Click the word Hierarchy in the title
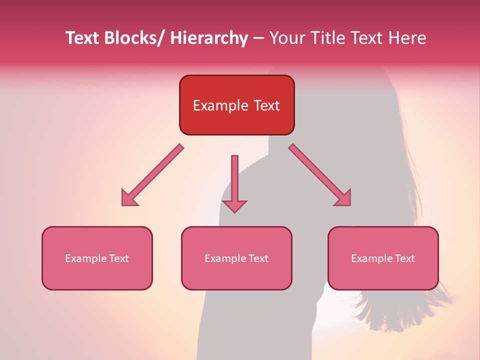tap(209, 38)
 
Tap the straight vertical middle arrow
tap(234, 177)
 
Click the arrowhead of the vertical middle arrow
tap(234, 206)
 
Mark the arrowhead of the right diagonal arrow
tap(343, 198)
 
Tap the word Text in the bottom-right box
tap(404, 258)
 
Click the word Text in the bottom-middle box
tap(258, 258)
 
